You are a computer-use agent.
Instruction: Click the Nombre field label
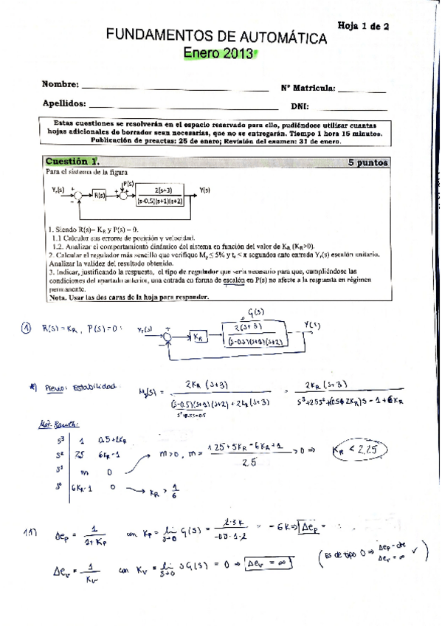pyautogui.click(x=60, y=86)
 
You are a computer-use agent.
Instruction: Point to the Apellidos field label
pyautogui.click(x=65, y=103)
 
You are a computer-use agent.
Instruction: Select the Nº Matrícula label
pyautogui.click(x=308, y=88)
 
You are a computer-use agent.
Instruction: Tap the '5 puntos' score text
pyautogui.click(x=368, y=162)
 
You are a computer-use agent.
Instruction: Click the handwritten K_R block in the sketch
pyautogui.click(x=200, y=337)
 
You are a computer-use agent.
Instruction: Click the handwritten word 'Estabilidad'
pyautogui.click(x=97, y=388)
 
